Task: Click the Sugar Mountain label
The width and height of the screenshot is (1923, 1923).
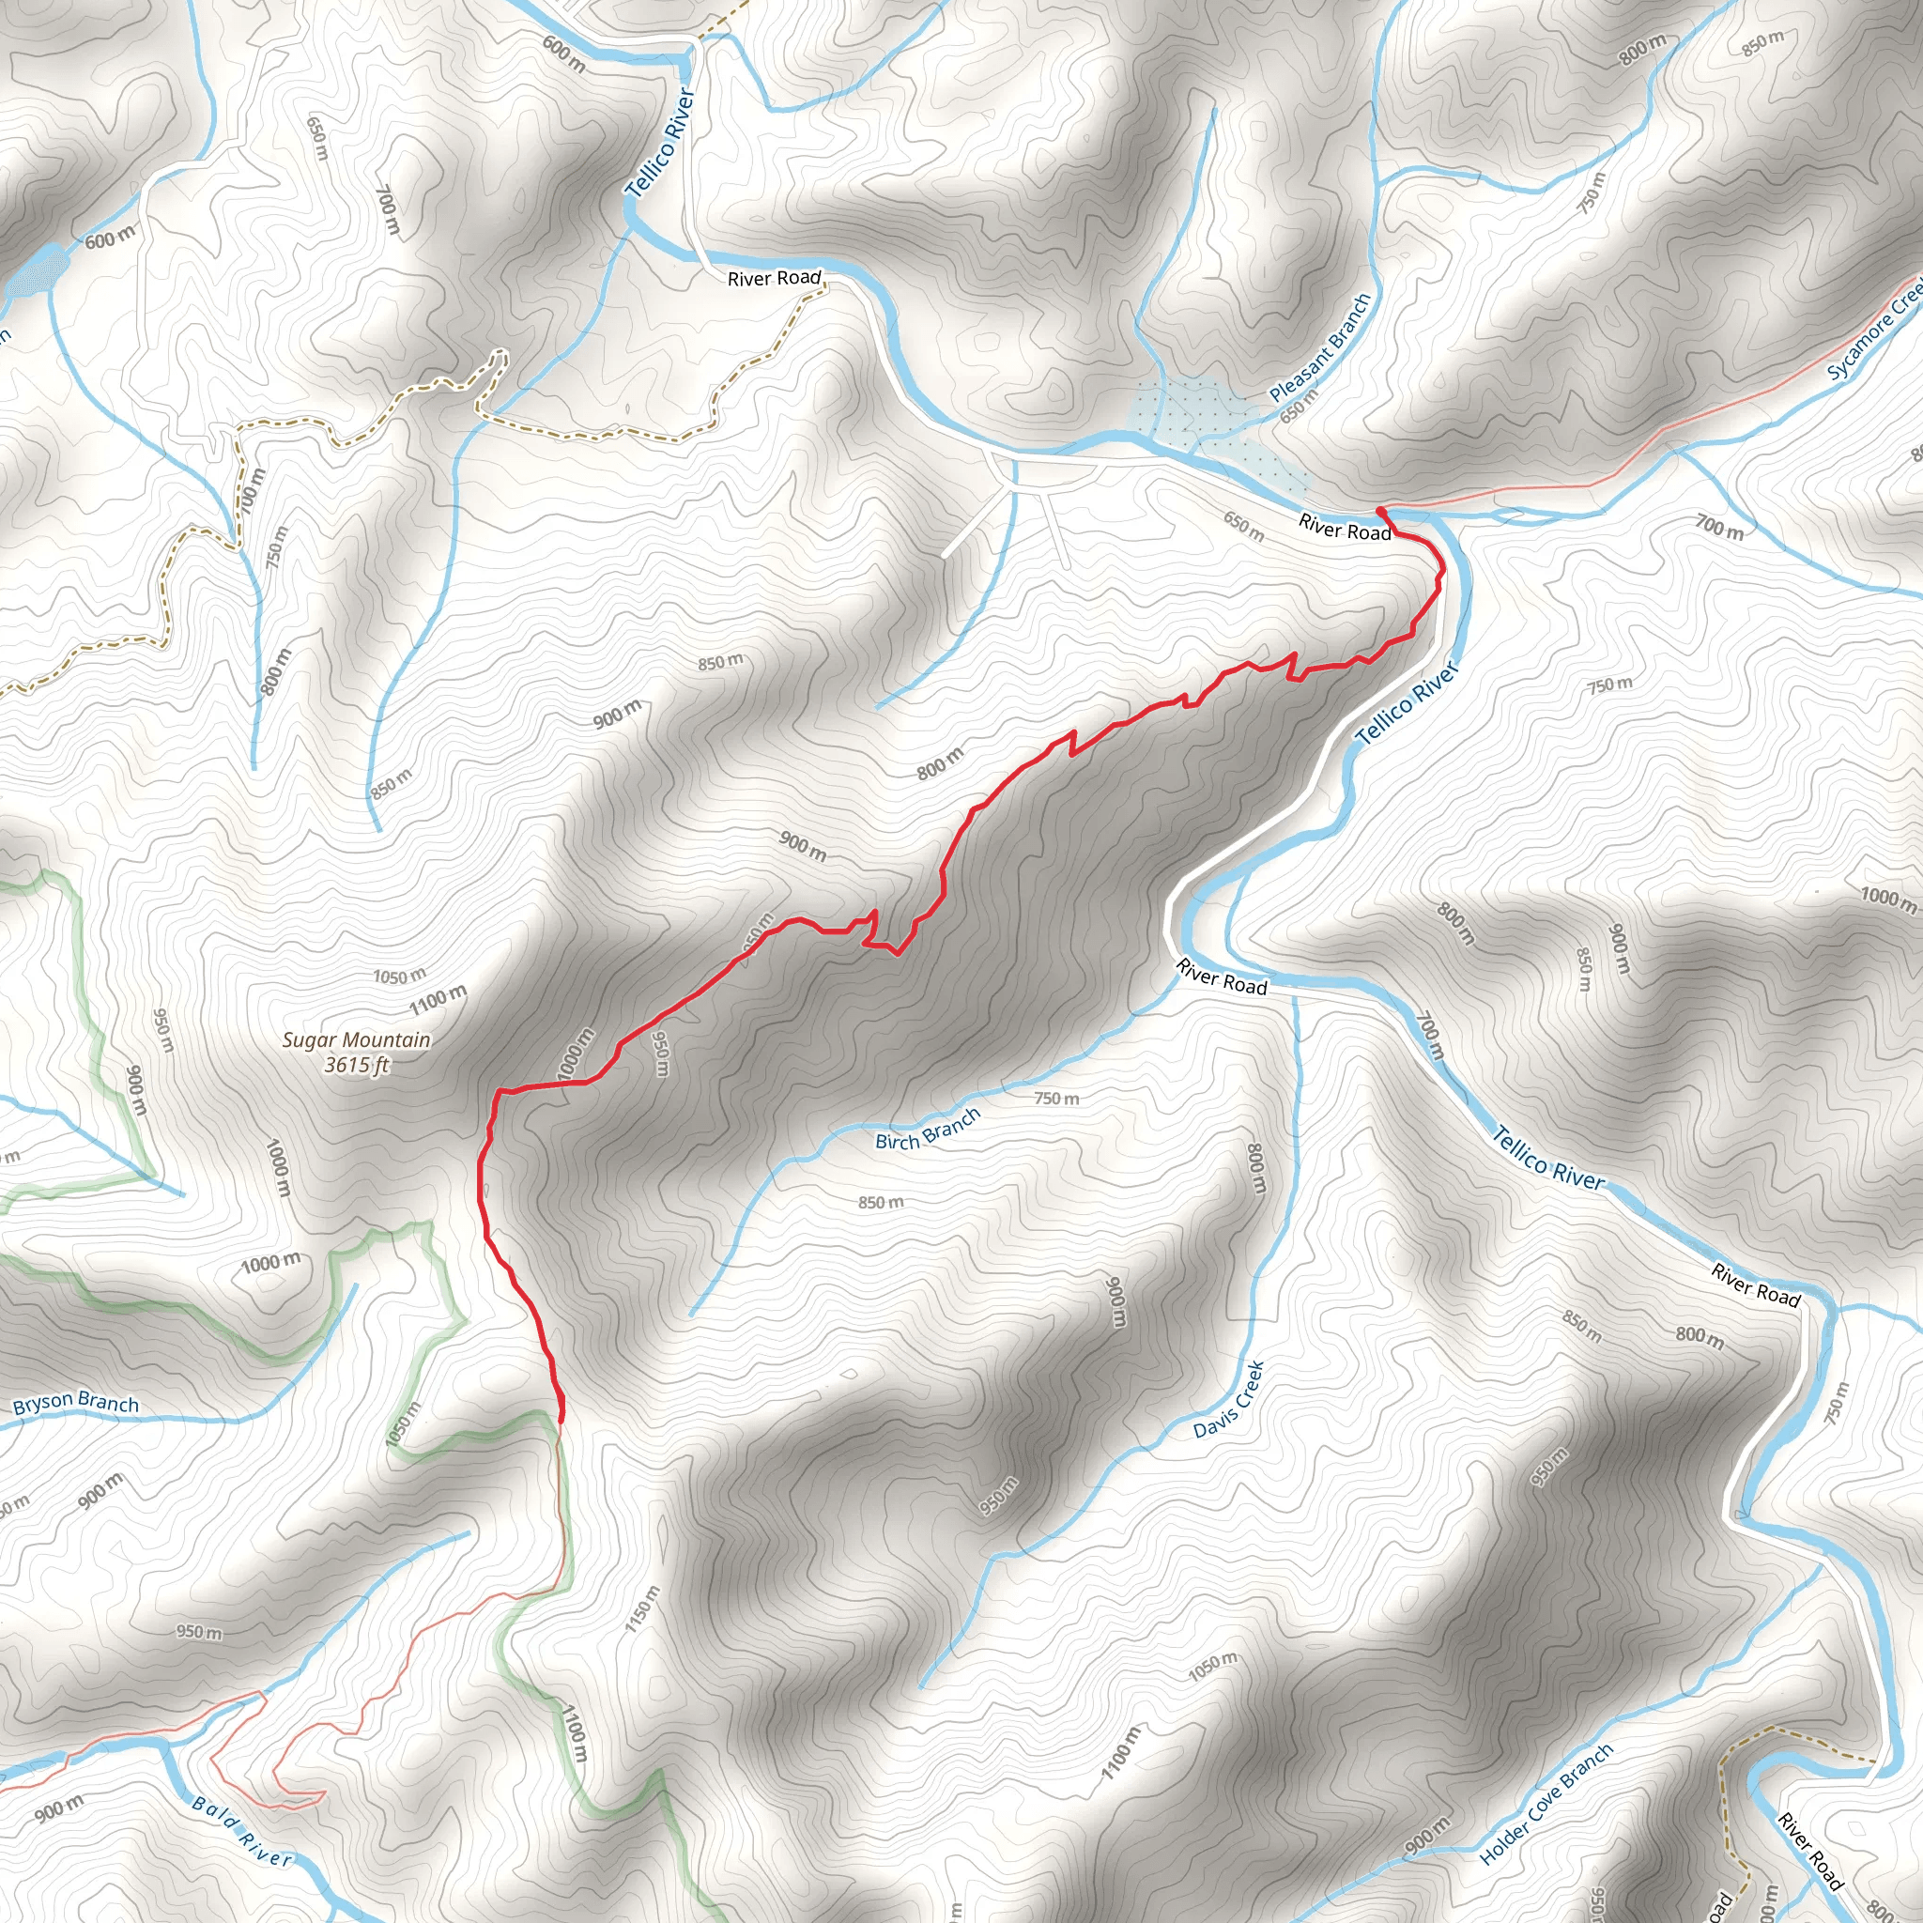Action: pos(356,1040)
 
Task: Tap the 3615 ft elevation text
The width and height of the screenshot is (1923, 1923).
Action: pos(356,1065)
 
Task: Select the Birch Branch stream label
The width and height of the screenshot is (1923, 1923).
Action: pos(928,1129)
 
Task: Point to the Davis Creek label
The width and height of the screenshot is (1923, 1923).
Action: pos(1229,1400)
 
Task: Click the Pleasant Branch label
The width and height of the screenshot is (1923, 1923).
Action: pos(1321,347)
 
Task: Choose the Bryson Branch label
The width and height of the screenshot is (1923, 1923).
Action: pos(76,1404)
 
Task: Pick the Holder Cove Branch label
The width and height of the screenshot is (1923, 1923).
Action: pos(1546,1805)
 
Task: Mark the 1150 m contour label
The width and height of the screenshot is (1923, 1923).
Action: pos(642,1609)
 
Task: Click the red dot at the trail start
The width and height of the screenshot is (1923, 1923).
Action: pos(1380,512)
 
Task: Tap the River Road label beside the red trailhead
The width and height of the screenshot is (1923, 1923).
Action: pos(1345,529)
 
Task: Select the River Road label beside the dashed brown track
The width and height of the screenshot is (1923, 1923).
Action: pos(775,279)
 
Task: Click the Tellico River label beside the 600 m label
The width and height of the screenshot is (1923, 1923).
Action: pos(659,143)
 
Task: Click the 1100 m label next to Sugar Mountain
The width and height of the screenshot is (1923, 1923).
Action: pos(437,997)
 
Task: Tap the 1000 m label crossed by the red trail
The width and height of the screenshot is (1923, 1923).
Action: pos(577,1054)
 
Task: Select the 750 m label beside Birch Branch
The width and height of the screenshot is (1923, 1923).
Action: pos(1056,1099)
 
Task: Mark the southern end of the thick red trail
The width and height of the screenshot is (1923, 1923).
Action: pos(562,1421)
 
